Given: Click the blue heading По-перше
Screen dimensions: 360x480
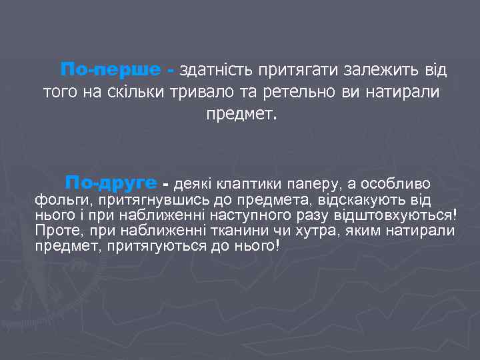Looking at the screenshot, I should tap(111, 70).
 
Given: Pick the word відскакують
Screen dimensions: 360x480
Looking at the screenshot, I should tap(360, 200).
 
